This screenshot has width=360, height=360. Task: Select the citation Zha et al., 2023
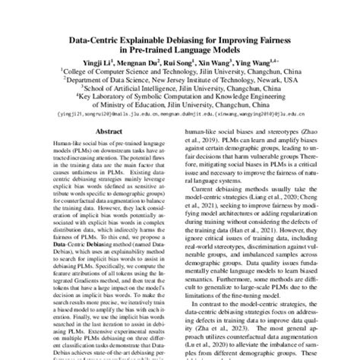click(x=223, y=330)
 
